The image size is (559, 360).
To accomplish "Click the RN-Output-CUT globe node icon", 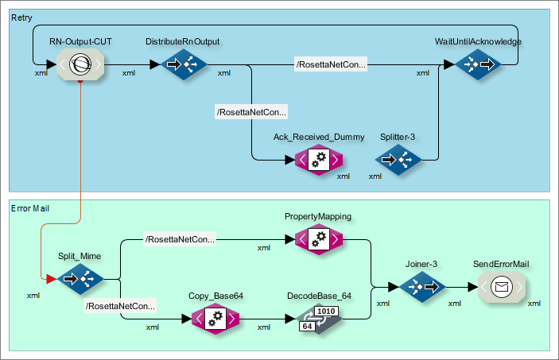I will (x=80, y=64).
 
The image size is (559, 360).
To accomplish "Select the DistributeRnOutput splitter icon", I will (x=184, y=64).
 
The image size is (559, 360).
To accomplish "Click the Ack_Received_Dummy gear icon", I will (x=318, y=160).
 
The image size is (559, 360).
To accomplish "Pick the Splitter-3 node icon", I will (x=398, y=160).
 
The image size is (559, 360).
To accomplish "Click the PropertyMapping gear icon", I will (x=318, y=238).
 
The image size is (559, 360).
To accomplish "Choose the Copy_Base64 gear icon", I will (x=215, y=319).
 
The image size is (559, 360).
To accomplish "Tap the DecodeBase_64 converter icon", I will (x=319, y=319).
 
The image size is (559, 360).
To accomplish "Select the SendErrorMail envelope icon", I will (x=501, y=287).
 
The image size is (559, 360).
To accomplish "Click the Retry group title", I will (x=21, y=17).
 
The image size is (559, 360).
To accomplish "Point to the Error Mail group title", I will (x=31, y=208).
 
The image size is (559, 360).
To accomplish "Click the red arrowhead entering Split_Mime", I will (x=51, y=279).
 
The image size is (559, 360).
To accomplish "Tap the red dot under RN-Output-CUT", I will (x=80, y=82).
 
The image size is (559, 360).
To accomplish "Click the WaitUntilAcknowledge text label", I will (x=477, y=41).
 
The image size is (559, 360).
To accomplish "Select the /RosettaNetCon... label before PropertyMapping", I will (x=180, y=238).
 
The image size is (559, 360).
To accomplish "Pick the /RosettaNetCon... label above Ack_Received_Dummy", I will (x=251, y=112).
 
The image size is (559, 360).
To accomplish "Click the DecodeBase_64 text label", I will (x=319, y=296).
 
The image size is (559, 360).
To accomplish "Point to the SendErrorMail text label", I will (x=501, y=264).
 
